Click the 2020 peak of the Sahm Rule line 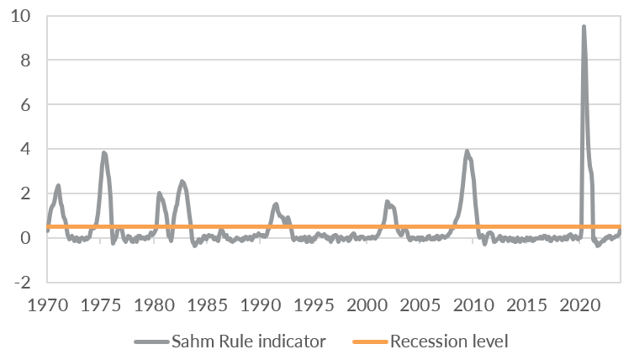(x=584, y=27)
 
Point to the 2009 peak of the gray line (x=468, y=151)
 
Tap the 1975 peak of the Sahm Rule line (x=103, y=153)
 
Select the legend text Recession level (x=449, y=342)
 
